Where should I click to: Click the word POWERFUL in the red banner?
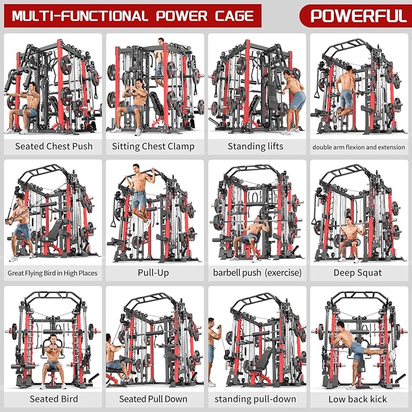(357, 15)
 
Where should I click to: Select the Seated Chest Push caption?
(53, 146)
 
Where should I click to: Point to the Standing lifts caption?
(255, 146)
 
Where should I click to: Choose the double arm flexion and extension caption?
(358, 147)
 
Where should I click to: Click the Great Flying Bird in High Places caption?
(53, 273)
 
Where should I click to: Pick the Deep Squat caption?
(357, 272)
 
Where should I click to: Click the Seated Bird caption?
(53, 399)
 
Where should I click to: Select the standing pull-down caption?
(255, 399)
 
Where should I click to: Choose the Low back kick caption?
(357, 399)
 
